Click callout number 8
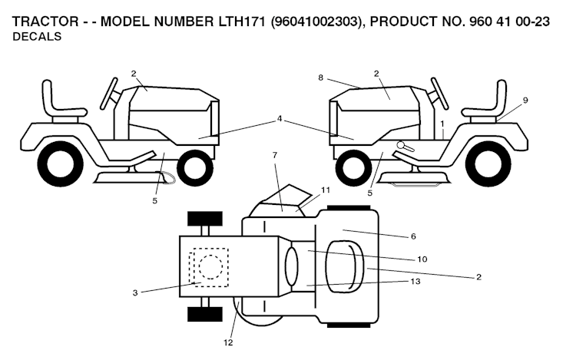click(321, 77)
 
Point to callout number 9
click(525, 100)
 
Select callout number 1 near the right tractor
click(442, 123)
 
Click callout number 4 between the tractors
click(280, 119)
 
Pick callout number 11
click(325, 189)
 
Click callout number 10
click(422, 259)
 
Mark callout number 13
click(415, 281)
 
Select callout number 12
click(228, 342)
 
